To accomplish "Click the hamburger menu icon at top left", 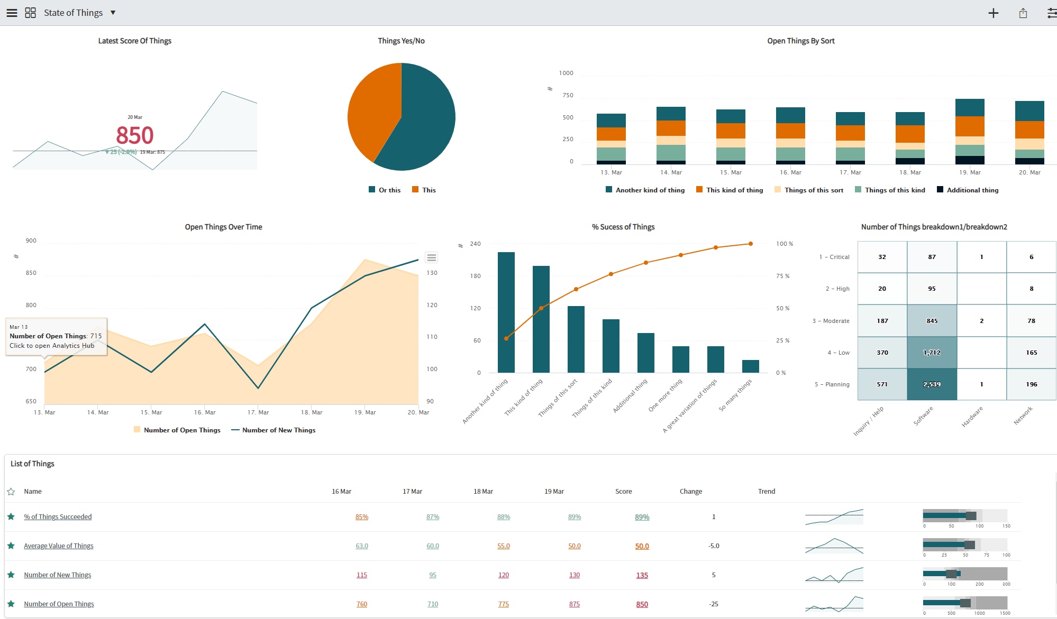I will (x=12, y=13).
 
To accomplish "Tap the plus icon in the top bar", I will (x=993, y=13).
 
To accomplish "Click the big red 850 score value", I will (x=134, y=135).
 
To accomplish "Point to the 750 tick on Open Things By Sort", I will (x=568, y=95).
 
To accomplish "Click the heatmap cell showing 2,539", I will (x=932, y=384).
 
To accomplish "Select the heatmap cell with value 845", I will (x=932, y=321).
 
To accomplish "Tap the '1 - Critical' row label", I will (x=834, y=257).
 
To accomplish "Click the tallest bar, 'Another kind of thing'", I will (x=506, y=312).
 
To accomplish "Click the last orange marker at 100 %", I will (x=750, y=244).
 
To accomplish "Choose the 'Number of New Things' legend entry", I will (x=274, y=430).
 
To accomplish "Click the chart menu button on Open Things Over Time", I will (x=431, y=257).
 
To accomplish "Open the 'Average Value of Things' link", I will (x=58, y=546).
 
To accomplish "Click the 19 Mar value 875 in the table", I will (x=574, y=604).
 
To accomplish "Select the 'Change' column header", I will (x=690, y=492).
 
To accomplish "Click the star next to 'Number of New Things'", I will (x=11, y=575).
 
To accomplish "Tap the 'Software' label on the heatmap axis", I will (x=923, y=416).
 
